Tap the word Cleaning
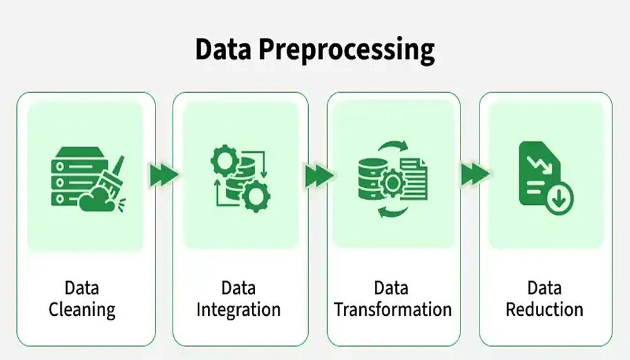[82, 310]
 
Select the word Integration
[238, 310]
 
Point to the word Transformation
[392, 310]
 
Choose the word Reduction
[544, 310]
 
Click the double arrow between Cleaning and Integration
[163, 175]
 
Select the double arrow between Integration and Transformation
[318, 175]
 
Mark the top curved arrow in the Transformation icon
[394, 146]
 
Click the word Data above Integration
[238, 288]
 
